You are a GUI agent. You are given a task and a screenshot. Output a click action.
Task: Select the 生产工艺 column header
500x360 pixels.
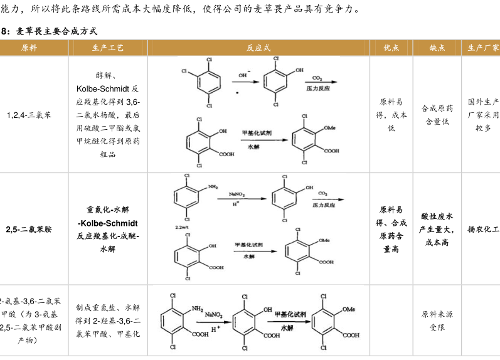[x=108, y=48]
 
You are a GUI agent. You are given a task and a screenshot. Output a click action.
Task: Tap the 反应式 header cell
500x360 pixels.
[x=258, y=48]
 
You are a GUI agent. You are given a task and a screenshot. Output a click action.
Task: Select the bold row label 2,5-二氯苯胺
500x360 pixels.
[x=29, y=230]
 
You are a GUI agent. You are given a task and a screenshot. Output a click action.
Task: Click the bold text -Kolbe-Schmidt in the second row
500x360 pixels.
[x=108, y=223]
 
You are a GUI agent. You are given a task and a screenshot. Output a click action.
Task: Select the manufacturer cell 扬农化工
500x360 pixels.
[x=483, y=230]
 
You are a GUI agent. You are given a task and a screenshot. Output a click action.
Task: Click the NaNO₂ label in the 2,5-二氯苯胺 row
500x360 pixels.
[x=237, y=194]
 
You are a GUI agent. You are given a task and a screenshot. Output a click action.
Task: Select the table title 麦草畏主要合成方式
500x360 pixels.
[x=56, y=31]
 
